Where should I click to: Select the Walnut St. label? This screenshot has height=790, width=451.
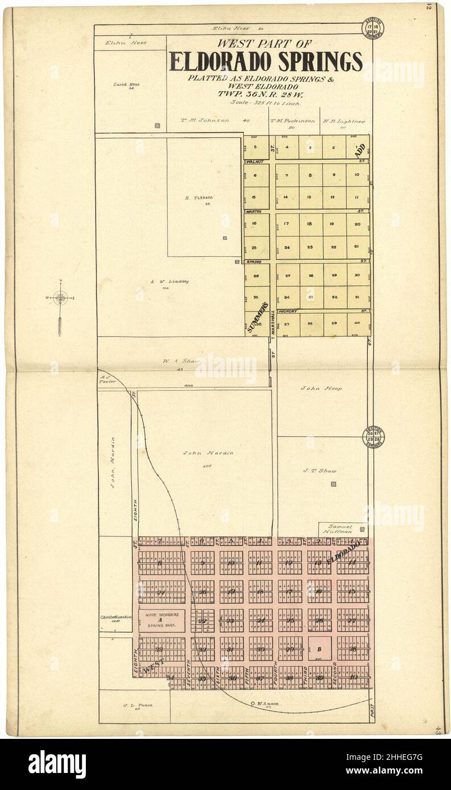click(255, 162)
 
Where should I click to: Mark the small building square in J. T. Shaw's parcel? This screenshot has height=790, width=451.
click(333, 484)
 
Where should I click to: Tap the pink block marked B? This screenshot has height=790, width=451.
click(320, 648)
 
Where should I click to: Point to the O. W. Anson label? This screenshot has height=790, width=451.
click(266, 704)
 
